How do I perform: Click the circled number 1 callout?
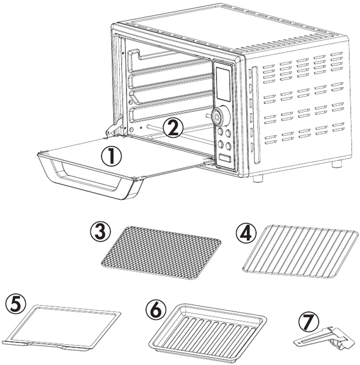pos(111,157)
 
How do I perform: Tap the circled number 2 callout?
pos(173,128)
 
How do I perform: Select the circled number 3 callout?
pos(100,231)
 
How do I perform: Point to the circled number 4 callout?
pos(246,234)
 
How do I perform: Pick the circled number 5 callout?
pos(16,303)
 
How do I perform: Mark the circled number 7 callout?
pos(309,322)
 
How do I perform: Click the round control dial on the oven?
pos(221,116)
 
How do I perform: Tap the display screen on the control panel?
pos(223,84)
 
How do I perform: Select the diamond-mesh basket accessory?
pos(161,252)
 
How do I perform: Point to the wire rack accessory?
pos(300,251)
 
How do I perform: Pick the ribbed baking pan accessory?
pos(208,330)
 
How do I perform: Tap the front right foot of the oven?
pos(258,179)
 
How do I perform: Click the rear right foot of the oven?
pos(337,164)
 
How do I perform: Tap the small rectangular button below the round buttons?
pos(225,159)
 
